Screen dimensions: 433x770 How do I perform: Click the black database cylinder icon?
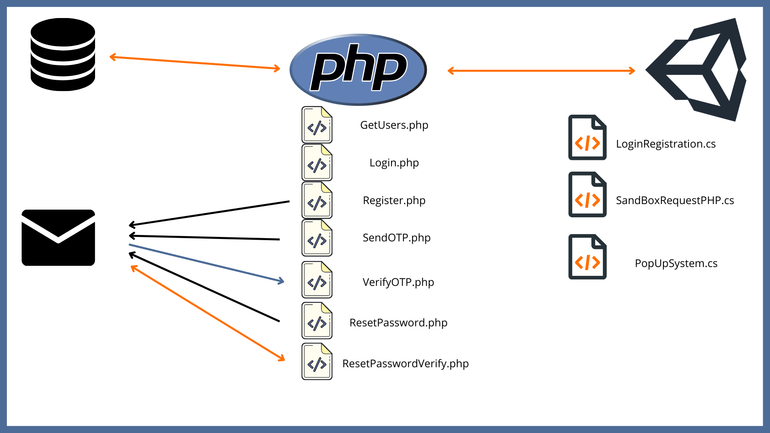(x=63, y=55)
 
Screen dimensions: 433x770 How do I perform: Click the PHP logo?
(x=358, y=69)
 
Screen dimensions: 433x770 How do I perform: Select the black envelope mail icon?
(x=59, y=237)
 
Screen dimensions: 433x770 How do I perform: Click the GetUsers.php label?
(x=394, y=125)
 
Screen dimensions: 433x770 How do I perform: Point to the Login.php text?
(x=394, y=163)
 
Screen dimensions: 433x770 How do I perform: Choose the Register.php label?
(x=394, y=200)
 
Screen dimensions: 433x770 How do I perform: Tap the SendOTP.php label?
(x=396, y=238)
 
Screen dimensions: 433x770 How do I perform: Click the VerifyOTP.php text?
(x=398, y=282)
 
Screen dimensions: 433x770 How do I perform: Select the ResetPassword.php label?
(x=398, y=323)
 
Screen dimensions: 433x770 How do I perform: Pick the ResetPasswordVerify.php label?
(x=405, y=364)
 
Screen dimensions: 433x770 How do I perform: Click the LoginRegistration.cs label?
(x=665, y=144)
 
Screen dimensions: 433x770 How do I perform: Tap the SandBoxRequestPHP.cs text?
(x=675, y=200)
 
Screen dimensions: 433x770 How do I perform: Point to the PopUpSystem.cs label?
(x=676, y=263)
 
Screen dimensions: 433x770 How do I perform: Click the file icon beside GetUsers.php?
(x=317, y=125)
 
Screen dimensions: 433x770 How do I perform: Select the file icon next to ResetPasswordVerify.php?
(x=317, y=361)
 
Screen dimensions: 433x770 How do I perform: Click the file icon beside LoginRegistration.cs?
(x=587, y=138)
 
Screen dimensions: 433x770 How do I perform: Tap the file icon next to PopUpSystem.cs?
(x=587, y=257)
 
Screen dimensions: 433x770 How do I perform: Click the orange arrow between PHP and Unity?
(x=541, y=71)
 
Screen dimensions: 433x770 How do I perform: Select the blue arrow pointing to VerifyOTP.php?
(x=206, y=263)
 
